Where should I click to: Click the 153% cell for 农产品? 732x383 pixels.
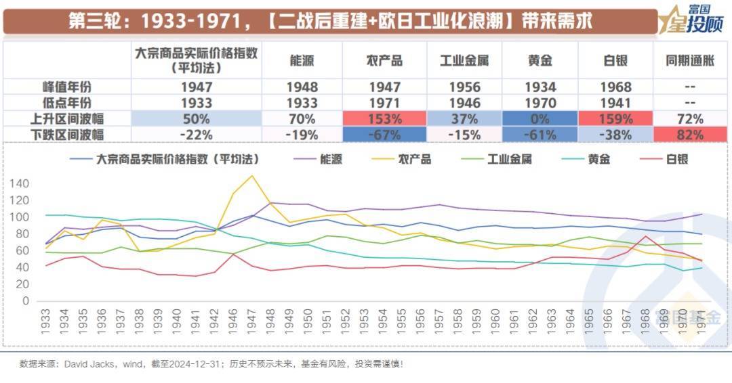tap(384, 118)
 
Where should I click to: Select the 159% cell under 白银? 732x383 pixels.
tap(615, 118)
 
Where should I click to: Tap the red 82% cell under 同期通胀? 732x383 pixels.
tap(689, 133)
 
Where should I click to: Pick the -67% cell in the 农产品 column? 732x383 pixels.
tap(384, 133)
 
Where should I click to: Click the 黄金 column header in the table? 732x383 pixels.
tap(540, 60)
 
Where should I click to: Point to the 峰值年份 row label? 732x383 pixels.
tap(67, 87)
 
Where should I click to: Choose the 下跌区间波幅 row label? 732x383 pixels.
tap(67, 133)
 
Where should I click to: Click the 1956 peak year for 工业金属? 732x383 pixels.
tap(464, 87)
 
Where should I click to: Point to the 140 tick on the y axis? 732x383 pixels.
tap(20, 183)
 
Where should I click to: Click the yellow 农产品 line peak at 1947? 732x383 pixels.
tap(252, 176)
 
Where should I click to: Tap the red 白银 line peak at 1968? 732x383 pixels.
tap(647, 236)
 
